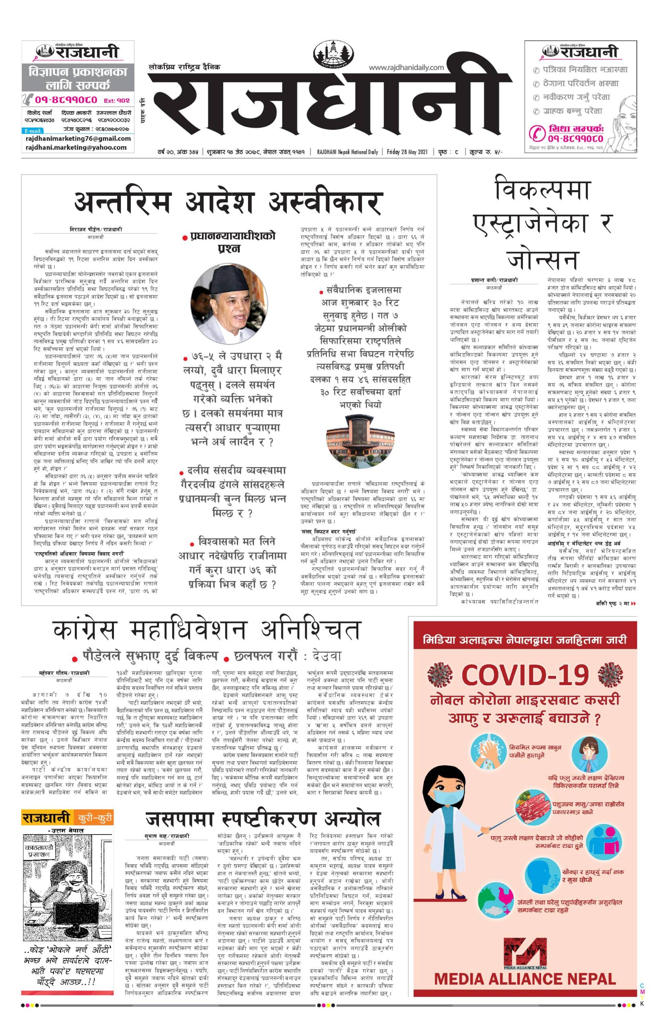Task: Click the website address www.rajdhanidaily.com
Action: [x=406, y=67]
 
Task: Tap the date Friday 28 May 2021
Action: [x=407, y=151]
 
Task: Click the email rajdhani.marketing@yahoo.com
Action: [x=76, y=147]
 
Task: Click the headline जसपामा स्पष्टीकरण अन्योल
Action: [x=263, y=819]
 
